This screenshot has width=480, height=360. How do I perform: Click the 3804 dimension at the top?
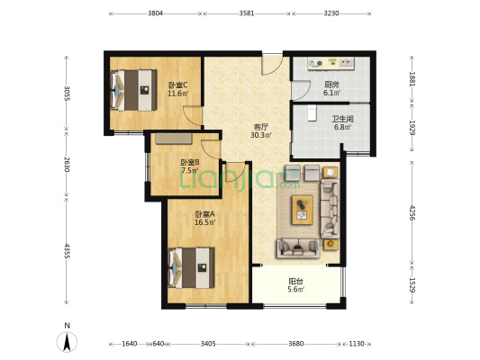pyautogui.click(x=156, y=13)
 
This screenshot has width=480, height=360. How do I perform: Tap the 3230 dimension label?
pyautogui.click(x=331, y=13)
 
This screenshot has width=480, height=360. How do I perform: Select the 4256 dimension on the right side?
pyautogui.click(x=412, y=213)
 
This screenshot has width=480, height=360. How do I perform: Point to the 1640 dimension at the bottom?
pyautogui.click(x=129, y=344)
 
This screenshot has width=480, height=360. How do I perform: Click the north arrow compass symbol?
pyautogui.click(x=67, y=342)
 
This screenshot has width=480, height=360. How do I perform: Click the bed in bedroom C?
pyautogui.click(x=133, y=90)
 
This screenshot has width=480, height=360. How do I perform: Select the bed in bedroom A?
pyautogui.click(x=191, y=268)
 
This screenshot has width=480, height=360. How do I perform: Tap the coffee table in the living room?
pyautogui.click(x=303, y=210)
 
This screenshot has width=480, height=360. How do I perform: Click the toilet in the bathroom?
pyautogui.click(x=312, y=113)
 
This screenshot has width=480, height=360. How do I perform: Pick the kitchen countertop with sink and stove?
pyautogui.click(x=331, y=64)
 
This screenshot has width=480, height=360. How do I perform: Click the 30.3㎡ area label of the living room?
pyautogui.click(x=261, y=135)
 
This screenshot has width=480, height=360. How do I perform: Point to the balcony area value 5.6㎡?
pyautogui.click(x=295, y=289)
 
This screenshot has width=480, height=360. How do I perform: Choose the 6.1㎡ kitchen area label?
pyautogui.click(x=331, y=93)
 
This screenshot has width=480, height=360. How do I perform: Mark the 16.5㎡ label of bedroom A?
pyautogui.click(x=205, y=222)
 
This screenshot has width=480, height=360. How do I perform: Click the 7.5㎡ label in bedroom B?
pyautogui.click(x=190, y=170)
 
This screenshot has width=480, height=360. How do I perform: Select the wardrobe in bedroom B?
pyautogui.click(x=174, y=139)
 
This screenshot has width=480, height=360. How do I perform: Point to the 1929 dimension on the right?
pyautogui.click(x=412, y=128)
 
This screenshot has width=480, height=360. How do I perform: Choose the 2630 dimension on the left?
pyautogui.click(x=67, y=164)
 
